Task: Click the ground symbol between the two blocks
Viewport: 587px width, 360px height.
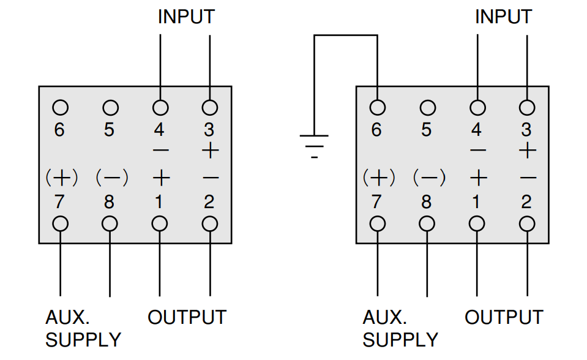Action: pos(314,146)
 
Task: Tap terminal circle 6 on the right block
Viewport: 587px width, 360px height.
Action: pos(377,108)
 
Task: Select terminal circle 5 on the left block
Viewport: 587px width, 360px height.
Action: pos(110,108)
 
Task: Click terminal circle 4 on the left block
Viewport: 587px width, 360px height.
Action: pos(160,108)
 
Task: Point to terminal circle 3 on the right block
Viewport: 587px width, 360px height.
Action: pos(527,108)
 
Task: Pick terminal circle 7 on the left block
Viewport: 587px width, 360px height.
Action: pos(60,224)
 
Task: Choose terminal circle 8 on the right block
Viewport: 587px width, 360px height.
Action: pos(427,224)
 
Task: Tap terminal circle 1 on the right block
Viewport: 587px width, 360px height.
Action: pos(477,224)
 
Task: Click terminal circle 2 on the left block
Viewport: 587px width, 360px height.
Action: pos(209,224)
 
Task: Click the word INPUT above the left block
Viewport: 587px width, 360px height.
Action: pos(186,17)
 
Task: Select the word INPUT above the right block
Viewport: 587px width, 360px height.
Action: pos(504,17)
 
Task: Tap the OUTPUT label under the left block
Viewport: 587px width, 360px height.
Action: pos(187,317)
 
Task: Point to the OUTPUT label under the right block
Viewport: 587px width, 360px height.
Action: pos(504,317)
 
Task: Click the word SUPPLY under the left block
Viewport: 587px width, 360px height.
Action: pos(83,340)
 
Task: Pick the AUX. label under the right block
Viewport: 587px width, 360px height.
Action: pos(384,317)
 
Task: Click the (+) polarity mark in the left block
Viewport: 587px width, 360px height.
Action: pos(62,178)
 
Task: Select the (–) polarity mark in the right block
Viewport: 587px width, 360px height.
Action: pos(430,178)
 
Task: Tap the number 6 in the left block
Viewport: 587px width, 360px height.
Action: pos(59,130)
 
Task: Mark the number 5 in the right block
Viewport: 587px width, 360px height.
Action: pos(427,130)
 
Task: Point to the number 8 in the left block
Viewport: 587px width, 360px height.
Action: pos(109,202)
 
